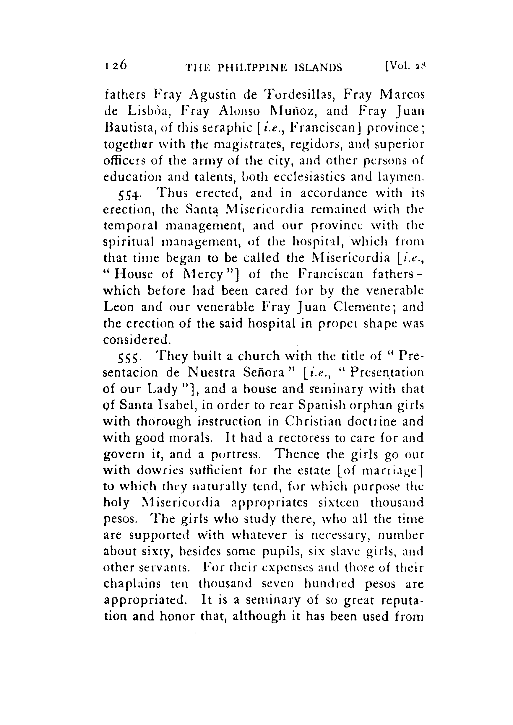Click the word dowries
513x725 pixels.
coord(156,471)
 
